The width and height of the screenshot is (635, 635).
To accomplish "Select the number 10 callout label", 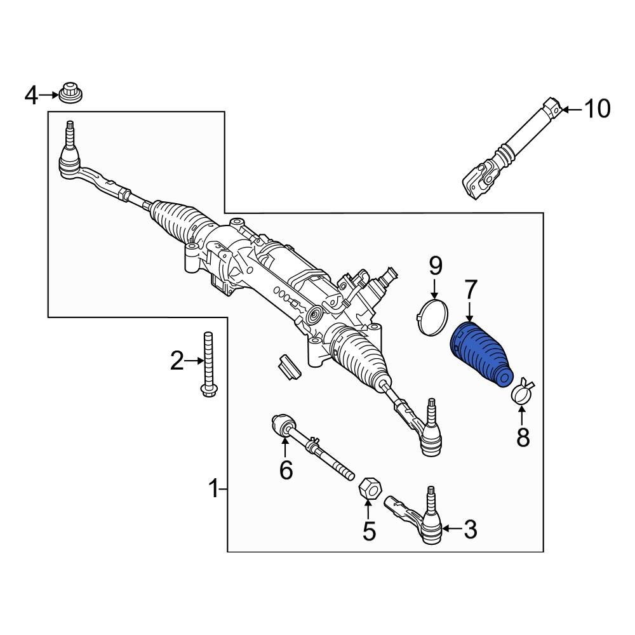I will [x=596, y=109].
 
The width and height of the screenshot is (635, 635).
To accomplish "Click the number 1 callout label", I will [x=215, y=489].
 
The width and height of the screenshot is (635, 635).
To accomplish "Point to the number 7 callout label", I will [x=469, y=291].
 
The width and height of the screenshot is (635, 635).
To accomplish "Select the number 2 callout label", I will [x=177, y=362].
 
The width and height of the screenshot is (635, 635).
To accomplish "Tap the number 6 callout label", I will [x=286, y=471].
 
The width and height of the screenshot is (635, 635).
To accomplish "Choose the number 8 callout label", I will [x=522, y=438].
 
